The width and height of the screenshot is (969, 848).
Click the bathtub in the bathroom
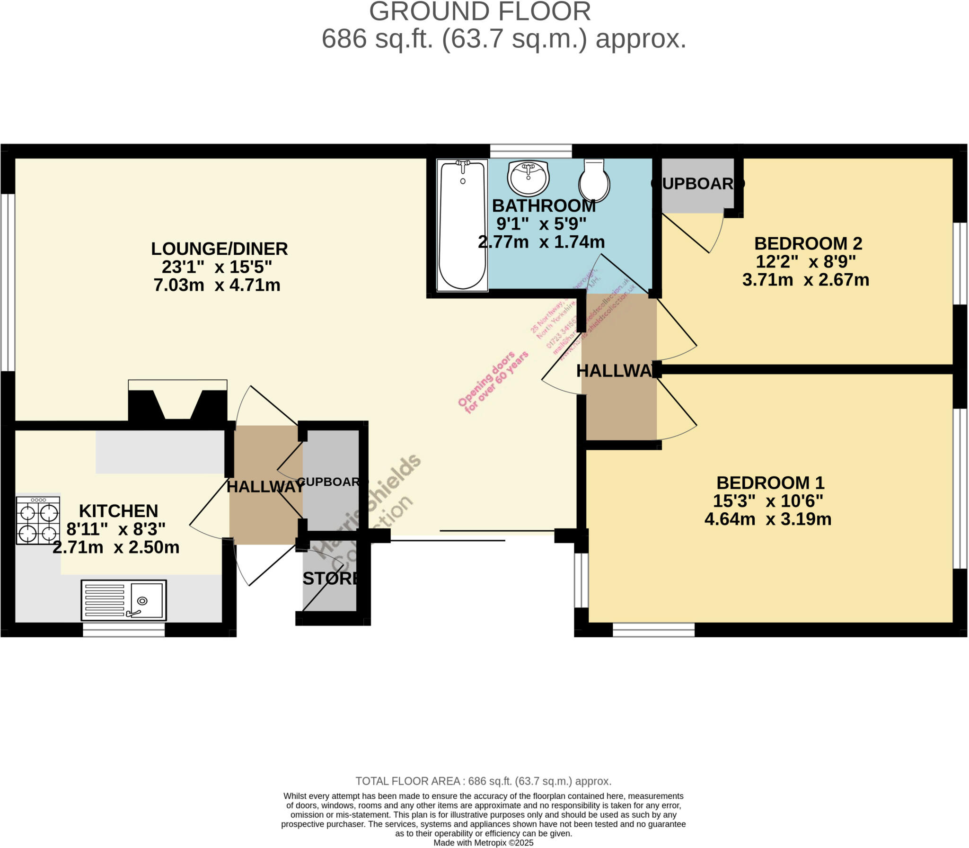click(x=462, y=225)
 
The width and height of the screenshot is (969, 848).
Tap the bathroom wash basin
click(x=528, y=178)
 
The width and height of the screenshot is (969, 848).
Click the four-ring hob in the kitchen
click(x=38, y=520)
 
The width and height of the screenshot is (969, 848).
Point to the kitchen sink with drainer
click(x=123, y=600)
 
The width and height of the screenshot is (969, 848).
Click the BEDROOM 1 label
click(x=770, y=483)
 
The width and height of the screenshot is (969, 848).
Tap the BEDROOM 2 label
click(x=808, y=243)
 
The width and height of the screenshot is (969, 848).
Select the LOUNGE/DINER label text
click(x=219, y=249)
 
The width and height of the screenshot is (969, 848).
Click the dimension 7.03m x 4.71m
click(x=217, y=285)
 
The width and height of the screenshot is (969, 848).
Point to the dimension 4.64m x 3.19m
click(x=767, y=519)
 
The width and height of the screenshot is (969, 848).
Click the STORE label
click(x=330, y=578)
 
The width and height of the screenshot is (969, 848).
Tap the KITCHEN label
click(x=118, y=511)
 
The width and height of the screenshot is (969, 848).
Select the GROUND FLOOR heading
click(x=480, y=12)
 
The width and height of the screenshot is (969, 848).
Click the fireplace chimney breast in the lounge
click(x=177, y=405)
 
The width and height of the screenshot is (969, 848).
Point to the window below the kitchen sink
click(x=123, y=630)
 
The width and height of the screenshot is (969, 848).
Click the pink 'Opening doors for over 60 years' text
click(x=493, y=383)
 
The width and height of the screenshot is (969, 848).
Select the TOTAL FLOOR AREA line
click(x=483, y=781)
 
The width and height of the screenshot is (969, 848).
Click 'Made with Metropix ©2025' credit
click(x=483, y=843)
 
